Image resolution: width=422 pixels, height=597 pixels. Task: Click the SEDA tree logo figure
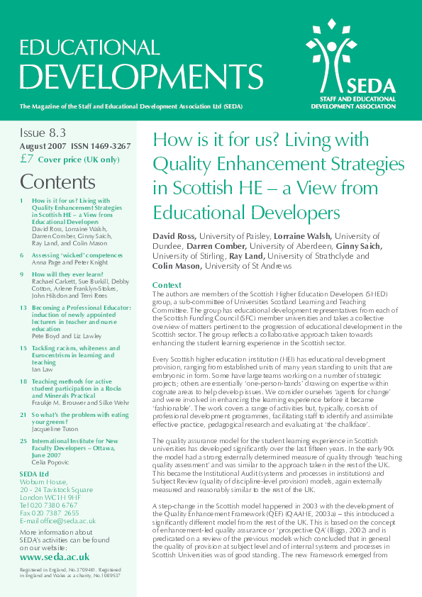[x=331, y=49]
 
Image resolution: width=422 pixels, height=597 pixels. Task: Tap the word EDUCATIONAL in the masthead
[x=89, y=48]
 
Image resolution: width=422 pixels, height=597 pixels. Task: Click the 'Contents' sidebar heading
[x=57, y=182]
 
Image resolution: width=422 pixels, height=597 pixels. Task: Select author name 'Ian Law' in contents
[x=43, y=369]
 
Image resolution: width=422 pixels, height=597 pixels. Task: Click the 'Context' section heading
[x=167, y=284]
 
